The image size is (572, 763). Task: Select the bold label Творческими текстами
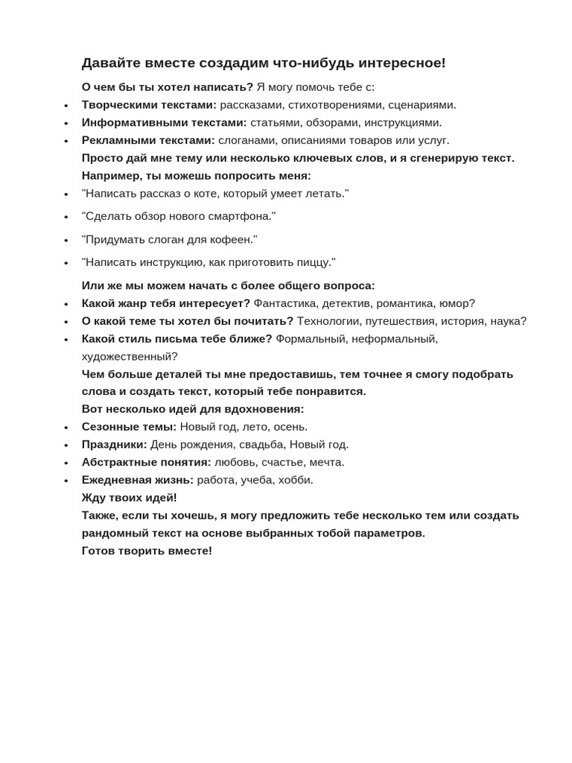(x=149, y=105)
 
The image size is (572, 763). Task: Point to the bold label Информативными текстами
(x=164, y=123)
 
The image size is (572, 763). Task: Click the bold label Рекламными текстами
(x=148, y=140)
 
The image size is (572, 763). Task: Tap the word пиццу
(x=316, y=262)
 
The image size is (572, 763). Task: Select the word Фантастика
(x=286, y=303)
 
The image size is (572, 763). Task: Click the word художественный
(x=130, y=356)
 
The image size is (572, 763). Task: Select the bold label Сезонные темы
(x=129, y=427)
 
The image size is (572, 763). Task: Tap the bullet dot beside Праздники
(x=66, y=446)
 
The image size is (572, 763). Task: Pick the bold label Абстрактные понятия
(x=146, y=462)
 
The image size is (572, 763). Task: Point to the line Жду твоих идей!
(x=130, y=498)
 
